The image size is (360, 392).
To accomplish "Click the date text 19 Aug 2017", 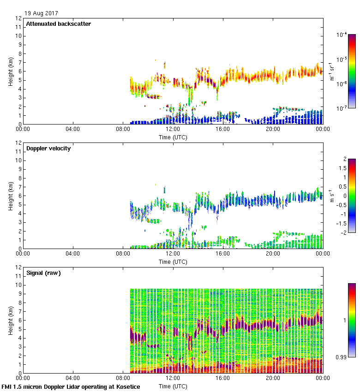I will [42, 13].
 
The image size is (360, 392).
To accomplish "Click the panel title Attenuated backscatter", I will [58, 24].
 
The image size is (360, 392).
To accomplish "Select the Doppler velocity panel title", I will [48, 148].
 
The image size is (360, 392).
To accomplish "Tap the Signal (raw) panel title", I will [43, 273].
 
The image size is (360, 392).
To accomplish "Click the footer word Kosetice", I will [126, 387].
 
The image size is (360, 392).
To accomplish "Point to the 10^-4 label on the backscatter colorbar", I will [342, 35].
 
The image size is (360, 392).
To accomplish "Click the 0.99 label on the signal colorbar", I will [342, 357].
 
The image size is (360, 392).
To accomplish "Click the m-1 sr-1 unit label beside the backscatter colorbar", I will [332, 71].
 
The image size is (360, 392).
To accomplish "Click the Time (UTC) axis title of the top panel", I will [173, 137].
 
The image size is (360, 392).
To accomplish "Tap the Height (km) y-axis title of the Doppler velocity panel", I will [10, 196].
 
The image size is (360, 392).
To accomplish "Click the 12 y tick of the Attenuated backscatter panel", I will [18, 18].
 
